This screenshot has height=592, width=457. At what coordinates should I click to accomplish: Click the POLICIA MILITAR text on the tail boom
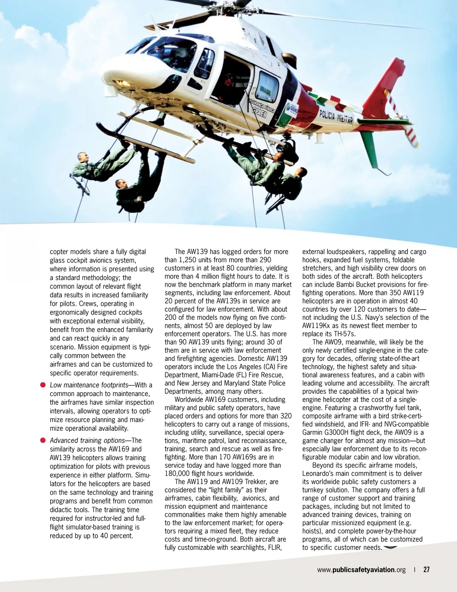(336, 117)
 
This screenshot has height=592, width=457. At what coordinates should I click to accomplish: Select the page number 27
(426, 570)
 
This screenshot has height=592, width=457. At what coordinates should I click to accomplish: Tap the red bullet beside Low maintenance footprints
(43, 385)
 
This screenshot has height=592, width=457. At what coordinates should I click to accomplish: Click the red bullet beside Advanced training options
(43, 441)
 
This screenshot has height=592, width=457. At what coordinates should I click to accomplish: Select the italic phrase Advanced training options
(87, 441)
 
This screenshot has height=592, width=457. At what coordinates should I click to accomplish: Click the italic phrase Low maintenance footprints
(89, 385)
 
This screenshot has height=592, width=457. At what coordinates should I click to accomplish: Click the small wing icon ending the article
(390, 548)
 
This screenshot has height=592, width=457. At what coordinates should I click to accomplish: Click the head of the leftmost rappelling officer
(83, 157)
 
